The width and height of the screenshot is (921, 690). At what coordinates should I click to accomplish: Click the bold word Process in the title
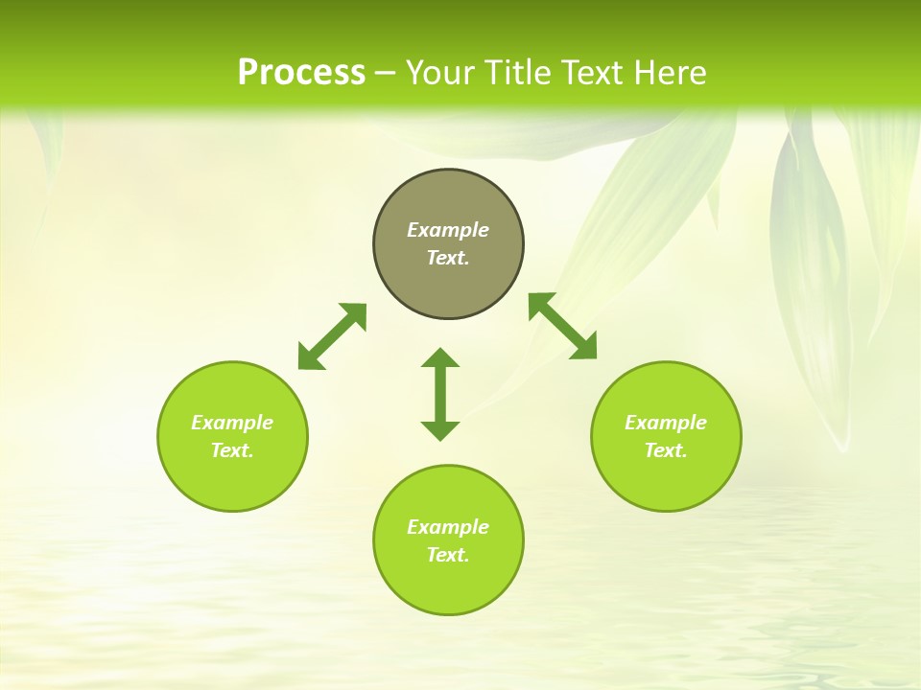click(301, 73)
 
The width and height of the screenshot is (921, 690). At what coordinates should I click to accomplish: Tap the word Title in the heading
click(524, 73)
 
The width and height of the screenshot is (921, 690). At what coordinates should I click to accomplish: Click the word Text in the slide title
click(593, 73)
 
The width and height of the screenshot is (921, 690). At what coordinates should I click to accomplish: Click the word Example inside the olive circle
click(448, 230)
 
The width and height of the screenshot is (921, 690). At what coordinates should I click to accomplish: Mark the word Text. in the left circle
click(232, 450)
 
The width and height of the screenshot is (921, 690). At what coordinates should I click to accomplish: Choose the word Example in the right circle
click(666, 423)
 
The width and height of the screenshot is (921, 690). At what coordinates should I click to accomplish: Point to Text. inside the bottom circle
click(448, 555)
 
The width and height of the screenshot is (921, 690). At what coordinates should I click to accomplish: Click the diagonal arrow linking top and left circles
click(332, 336)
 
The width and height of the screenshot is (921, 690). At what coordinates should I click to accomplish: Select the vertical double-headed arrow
click(440, 394)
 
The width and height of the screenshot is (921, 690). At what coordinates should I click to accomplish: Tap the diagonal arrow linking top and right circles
click(562, 327)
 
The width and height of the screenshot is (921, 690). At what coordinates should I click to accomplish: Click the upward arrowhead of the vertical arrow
click(440, 358)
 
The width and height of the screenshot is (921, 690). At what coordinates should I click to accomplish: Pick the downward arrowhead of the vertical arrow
click(440, 430)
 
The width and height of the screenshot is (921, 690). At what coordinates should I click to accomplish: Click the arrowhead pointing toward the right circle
click(584, 348)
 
